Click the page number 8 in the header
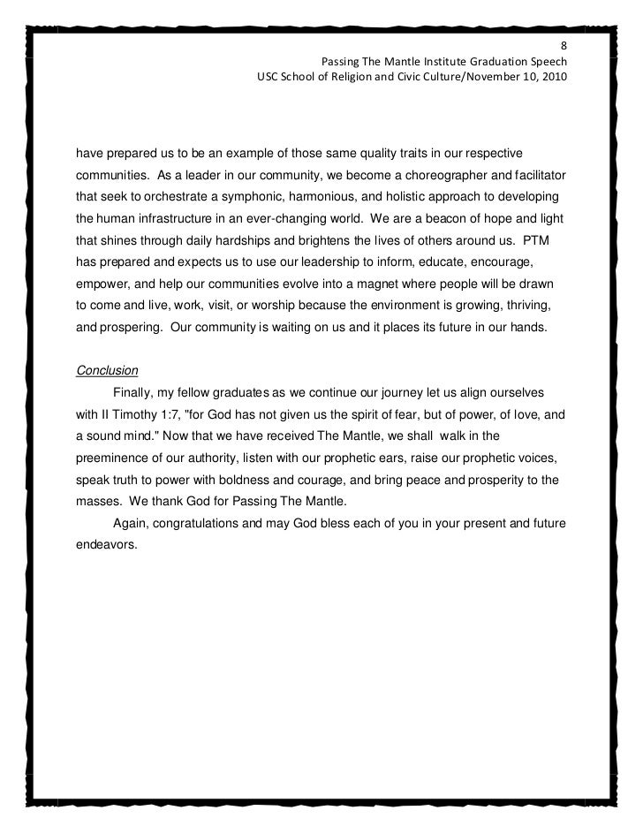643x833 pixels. pyautogui.click(x=563, y=47)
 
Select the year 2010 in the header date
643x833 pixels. pyautogui.click(x=552, y=78)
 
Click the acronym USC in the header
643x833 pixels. pyautogui.click(x=268, y=78)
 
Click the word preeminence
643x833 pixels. pyautogui.click(x=120, y=461)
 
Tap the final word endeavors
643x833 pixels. pyautogui.click(x=107, y=545)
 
